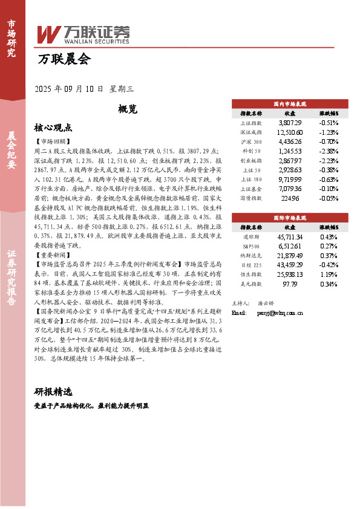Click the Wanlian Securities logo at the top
click(83, 34)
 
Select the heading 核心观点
click(53, 128)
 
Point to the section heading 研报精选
click(53, 391)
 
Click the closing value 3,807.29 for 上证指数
click(290, 122)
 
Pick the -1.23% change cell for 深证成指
click(329, 132)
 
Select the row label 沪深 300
click(250, 141)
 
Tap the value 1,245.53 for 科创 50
click(290, 151)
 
